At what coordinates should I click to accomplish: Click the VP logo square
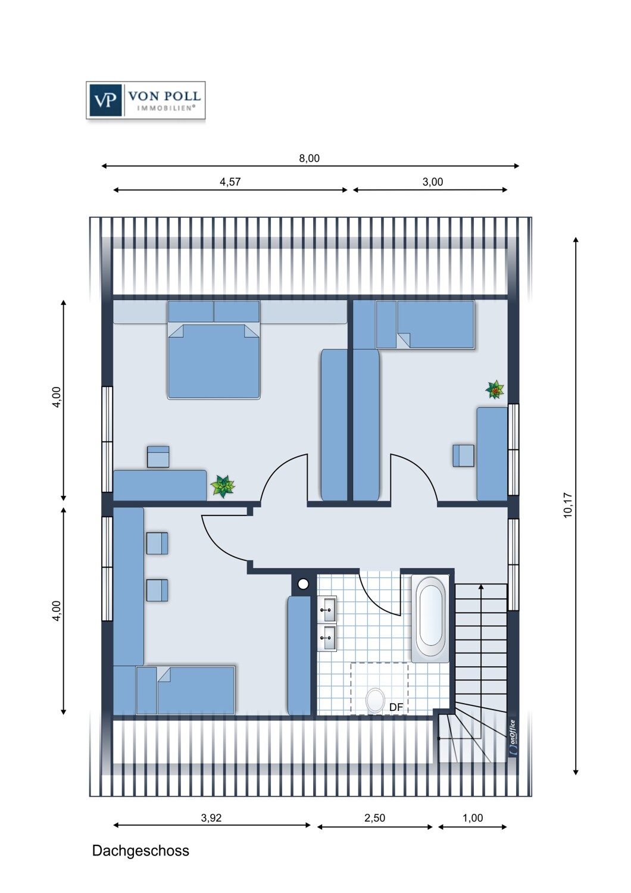pyautogui.click(x=105, y=100)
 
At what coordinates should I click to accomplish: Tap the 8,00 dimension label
pyautogui.click(x=310, y=158)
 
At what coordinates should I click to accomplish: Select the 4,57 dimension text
pyautogui.click(x=230, y=182)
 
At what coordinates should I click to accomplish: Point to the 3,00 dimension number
pyautogui.click(x=433, y=182)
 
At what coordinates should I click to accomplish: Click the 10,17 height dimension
pyautogui.click(x=568, y=505)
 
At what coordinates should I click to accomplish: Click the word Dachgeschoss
pyautogui.click(x=140, y=851)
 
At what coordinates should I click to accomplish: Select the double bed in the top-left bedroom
pyautogui.click(x=214, y=349)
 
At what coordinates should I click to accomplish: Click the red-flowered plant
pyautogui.click(x=495, y=389)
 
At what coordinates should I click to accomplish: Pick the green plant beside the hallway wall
pyautogui.click(x=223, y=486)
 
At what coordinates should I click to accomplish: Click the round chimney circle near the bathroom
pyautogui.click(x=303, y=584)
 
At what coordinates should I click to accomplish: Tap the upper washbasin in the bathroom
pyautogui.click(x=327, y=609)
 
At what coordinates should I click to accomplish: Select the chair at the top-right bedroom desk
pyautogui.click(x=464, y=455)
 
